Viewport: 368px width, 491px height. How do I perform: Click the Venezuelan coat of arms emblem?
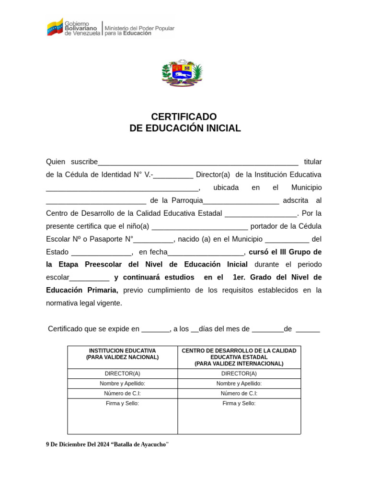point(182,73)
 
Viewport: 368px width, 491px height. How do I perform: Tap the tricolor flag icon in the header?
point(55,27)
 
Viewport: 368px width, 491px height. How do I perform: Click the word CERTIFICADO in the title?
point(184,117)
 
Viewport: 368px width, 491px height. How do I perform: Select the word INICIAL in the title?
point(221,129)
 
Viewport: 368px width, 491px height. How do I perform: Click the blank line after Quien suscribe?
point(198,162)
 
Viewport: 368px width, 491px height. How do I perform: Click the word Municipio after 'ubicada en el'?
point(306,187)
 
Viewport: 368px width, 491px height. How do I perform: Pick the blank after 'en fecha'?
point(206,252)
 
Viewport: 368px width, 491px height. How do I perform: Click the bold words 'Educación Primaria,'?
point(82,290)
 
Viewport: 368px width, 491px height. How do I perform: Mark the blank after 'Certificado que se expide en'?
point(156,329)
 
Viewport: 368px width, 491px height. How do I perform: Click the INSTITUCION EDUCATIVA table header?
point(122,351)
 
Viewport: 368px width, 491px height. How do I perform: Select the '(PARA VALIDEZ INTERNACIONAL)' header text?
point(239,364)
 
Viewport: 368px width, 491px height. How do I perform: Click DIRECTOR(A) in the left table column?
point(122,374)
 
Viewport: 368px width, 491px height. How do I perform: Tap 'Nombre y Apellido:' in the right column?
point(239,384)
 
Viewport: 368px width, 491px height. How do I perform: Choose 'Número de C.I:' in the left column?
point(122,394)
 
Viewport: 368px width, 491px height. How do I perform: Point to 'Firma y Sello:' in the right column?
point(239,404)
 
